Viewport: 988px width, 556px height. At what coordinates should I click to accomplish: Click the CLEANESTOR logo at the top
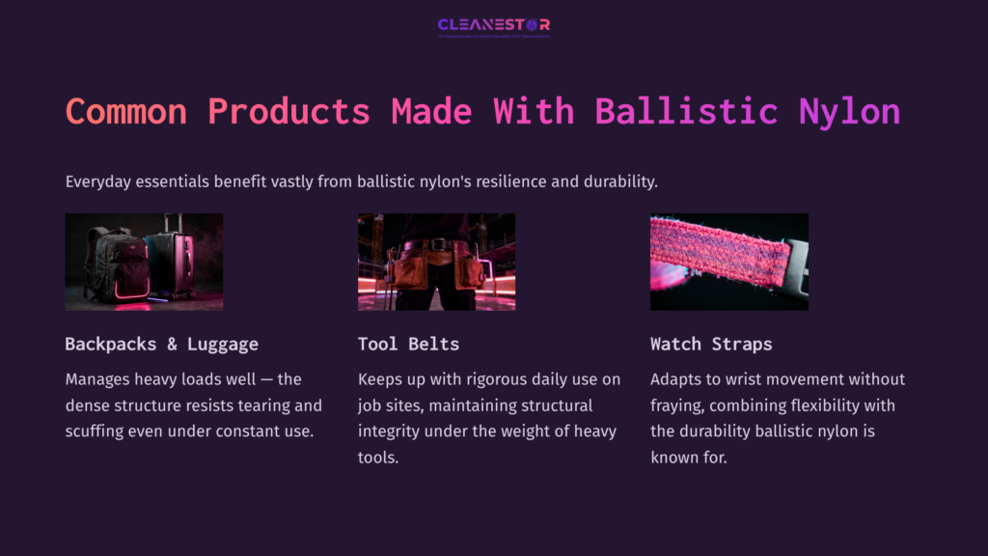pos(494,25)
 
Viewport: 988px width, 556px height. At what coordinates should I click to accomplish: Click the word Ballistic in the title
pos(686,111)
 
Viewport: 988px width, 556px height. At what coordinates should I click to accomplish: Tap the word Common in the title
pos(125,111)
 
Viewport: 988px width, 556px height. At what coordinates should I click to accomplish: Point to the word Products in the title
pos(289,111)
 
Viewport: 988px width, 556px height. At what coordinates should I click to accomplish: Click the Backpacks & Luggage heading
pos(161,344)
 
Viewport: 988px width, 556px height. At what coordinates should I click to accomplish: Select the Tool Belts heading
pos(408,344)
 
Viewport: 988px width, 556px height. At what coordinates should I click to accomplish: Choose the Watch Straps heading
pos(711,344)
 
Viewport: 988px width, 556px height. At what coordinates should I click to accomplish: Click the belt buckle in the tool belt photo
pos(438,245)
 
